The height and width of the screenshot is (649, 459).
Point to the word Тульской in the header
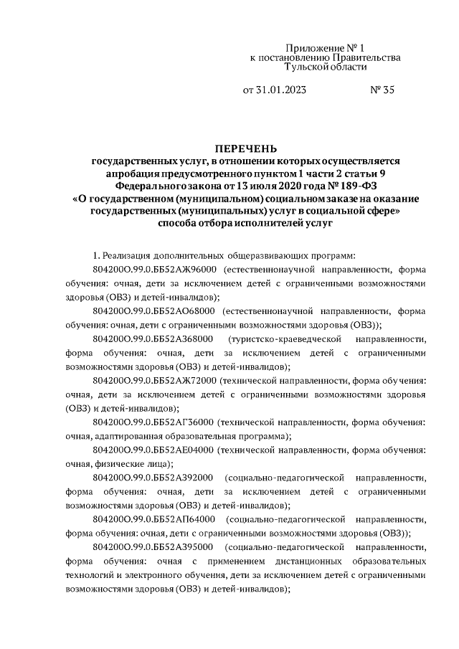(x=304, y=67)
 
